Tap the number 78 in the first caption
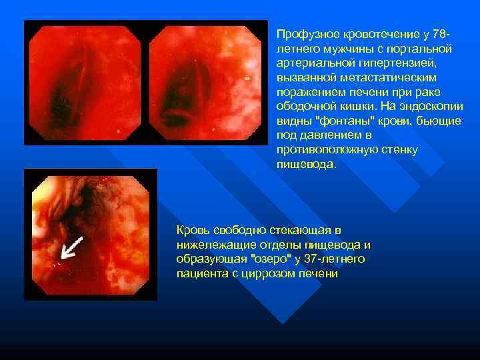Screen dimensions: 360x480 (439, 34)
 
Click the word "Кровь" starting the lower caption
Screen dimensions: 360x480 (192, 230)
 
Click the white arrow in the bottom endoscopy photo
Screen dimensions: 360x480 (71, 247)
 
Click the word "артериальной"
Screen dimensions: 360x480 (309, 63)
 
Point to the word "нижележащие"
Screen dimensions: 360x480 (209, 245)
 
